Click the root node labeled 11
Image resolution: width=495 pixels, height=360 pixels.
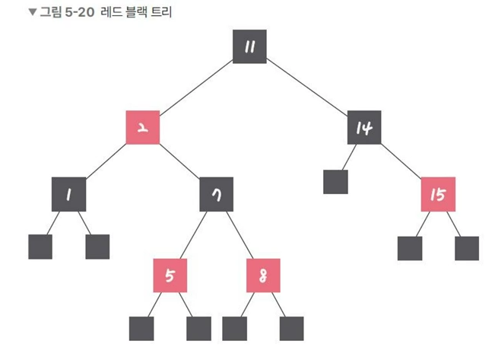249,47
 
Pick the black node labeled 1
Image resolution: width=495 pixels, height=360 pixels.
69,194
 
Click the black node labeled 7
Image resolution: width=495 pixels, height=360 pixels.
216,194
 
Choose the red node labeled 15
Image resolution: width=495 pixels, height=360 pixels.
437,194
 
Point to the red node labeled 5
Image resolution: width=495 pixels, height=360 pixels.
170,276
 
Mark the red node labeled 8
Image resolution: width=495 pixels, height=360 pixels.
263,276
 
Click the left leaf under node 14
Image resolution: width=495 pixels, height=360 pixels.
335,183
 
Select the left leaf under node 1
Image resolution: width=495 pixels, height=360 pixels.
40,247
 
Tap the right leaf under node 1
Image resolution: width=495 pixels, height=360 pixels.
97,247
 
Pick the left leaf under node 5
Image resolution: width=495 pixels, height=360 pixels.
141,328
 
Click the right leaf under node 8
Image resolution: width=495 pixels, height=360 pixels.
291,328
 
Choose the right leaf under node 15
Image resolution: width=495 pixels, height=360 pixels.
467,248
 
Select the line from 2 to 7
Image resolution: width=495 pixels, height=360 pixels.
180,161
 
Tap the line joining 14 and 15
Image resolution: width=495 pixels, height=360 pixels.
401,161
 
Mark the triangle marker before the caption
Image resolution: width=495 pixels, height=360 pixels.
32,11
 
